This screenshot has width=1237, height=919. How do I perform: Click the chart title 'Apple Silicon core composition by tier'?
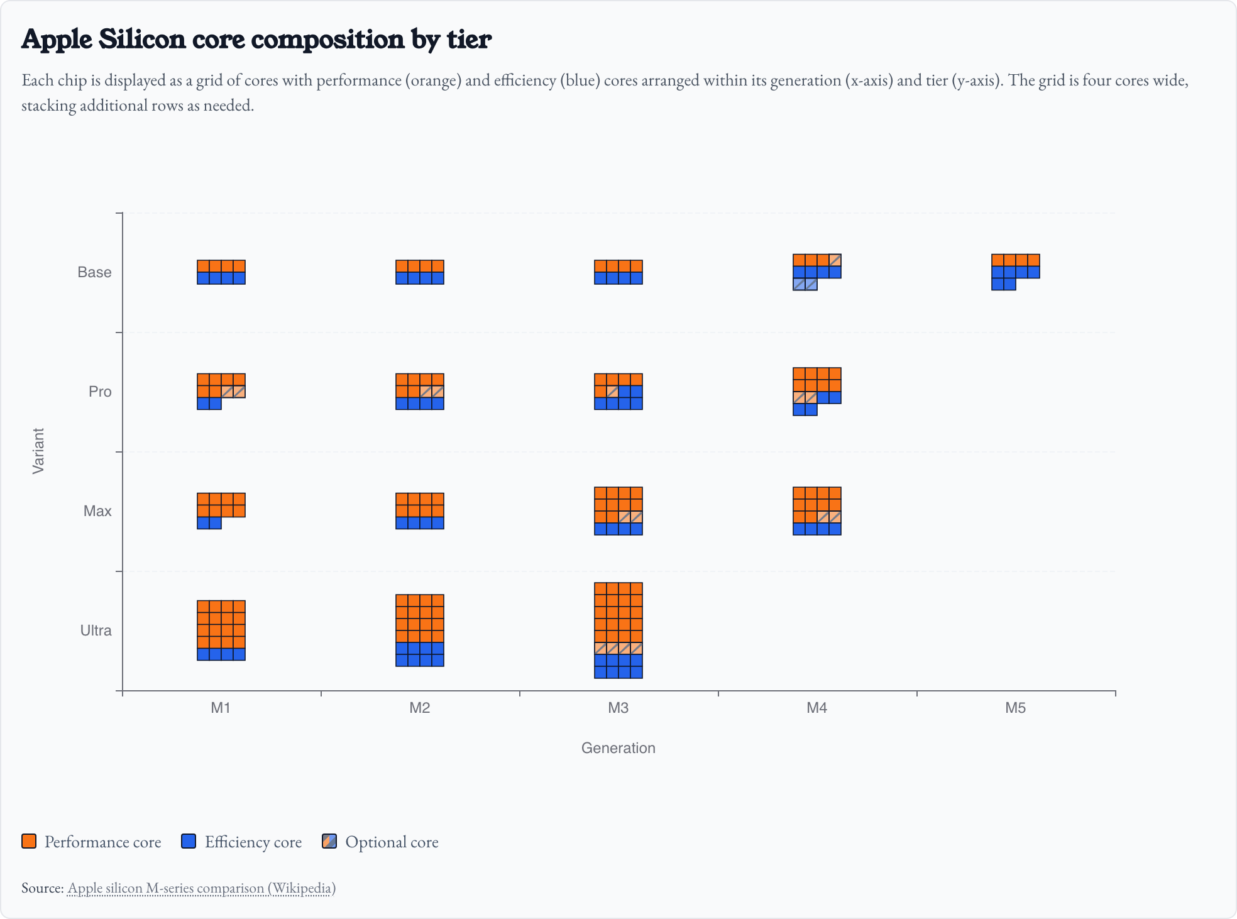coord(256,39)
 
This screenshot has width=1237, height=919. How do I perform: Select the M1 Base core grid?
coord(221,272)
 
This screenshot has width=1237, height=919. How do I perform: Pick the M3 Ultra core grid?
coord(618,630)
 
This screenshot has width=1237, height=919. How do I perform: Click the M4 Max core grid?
coord(817,511)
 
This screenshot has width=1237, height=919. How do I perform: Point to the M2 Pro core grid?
coord(420,392)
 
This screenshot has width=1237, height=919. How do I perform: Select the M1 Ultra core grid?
coord(221,630)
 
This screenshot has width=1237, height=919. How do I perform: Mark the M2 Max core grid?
coord(420,511)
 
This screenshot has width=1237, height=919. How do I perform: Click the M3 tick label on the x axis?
coord(618,708)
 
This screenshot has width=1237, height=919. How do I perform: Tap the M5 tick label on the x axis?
coord(1015,708)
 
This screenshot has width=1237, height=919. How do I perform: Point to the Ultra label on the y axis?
coord(96,630)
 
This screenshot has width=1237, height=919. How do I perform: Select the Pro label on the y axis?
coord(100,392)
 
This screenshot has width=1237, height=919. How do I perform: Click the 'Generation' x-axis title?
coord(618,748)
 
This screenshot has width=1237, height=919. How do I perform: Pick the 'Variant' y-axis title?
coord(38,451)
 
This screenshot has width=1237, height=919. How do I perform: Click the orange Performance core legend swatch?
coord(29,842)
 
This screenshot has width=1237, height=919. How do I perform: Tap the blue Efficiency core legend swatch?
coord(189,842)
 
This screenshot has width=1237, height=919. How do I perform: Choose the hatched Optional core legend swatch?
coord(329,842)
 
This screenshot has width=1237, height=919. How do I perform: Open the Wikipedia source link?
coord(201,888)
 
